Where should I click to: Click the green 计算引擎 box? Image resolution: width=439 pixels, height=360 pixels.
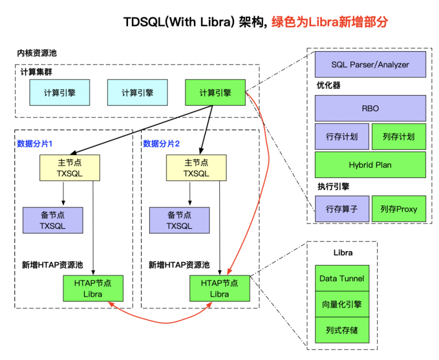point(215,93)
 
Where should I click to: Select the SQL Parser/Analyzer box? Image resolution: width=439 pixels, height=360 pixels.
point(370,64)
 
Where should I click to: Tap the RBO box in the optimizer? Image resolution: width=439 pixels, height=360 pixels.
point(370,109)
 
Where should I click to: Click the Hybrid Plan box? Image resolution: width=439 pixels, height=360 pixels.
point(370,165)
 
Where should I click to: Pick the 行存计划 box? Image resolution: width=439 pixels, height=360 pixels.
point(342,137)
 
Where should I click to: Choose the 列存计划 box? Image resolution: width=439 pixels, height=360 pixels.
point(399,137)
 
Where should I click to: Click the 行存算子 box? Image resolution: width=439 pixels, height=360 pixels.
point(342,209)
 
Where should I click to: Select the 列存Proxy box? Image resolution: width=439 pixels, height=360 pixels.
point(399,209)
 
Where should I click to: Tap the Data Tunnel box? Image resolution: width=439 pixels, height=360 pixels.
point(342,278)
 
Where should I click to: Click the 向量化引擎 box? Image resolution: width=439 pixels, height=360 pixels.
point(342,304)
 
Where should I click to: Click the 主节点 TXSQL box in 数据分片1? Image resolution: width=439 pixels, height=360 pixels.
point(70,168)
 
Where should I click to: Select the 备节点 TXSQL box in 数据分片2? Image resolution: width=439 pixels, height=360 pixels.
point(179,220)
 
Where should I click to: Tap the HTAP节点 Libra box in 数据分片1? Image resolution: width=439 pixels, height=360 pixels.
point(92,288)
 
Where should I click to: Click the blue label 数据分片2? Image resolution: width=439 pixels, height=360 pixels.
point(161,143)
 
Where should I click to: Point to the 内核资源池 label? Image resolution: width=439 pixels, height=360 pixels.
point(37,53)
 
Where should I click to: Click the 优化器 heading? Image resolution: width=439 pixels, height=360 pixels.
point(328,85)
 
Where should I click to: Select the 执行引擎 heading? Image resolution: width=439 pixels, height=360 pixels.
point(333,186)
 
